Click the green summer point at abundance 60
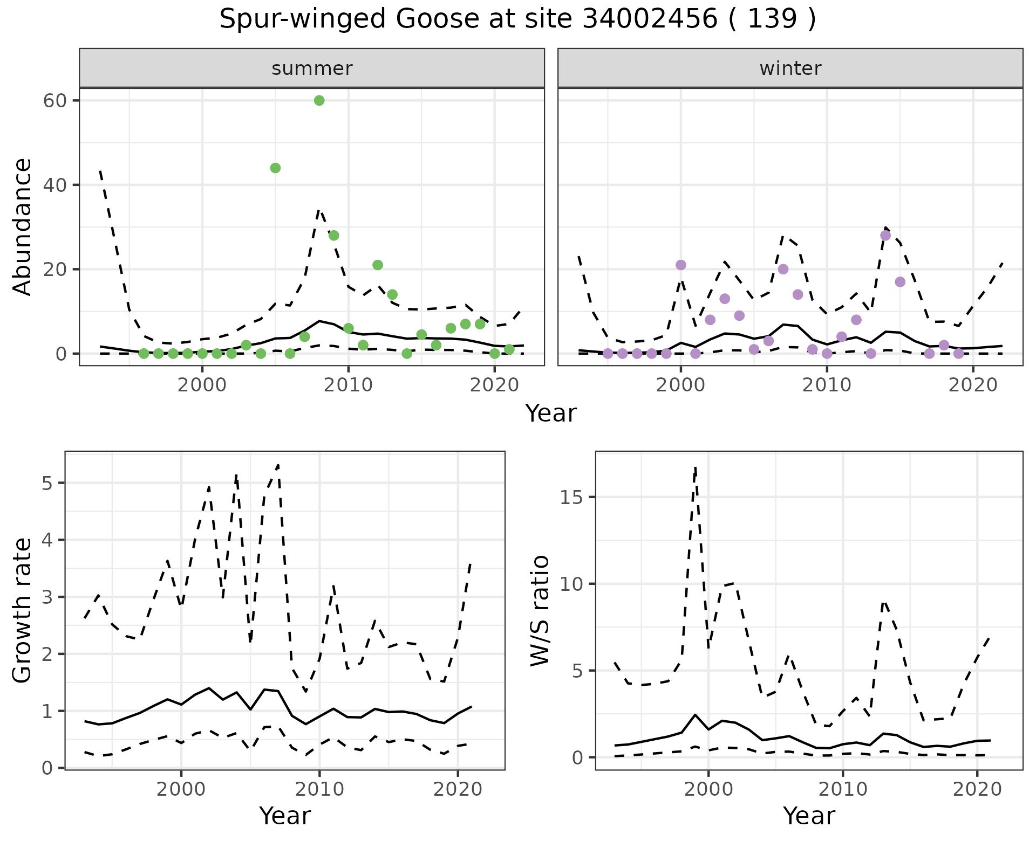[319, 100]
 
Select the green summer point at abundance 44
[275, 168]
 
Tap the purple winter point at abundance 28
[885, 236]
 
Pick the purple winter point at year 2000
[681, 265]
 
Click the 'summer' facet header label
[312, 68]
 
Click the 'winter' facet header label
[790, 68]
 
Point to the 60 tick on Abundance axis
[54, 101]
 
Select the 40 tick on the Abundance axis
[54, 185]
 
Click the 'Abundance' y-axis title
[23, 226]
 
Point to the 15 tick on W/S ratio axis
[572, 497]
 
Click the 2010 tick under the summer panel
[348, 385]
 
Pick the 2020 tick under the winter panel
[972, 385]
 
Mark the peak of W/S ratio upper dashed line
[696, 467]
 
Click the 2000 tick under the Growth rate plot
[181, 789]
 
